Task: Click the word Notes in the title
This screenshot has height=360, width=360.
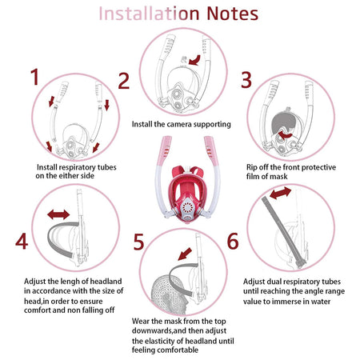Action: [x=232, y=14]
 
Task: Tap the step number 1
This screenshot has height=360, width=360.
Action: [x=35, y=77]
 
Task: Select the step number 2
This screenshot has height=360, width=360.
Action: [x=124, y=81]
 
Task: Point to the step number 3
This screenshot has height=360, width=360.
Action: [x=246, y=79]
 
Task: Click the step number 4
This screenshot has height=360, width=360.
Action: [x=22, y=241]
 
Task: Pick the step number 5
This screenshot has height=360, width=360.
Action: [x=138, y=242]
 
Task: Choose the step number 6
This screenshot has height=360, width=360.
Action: [x=233, y=241]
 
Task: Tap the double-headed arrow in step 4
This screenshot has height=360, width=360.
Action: [x=58, y=214]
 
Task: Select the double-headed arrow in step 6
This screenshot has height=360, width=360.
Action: [x=280, y=193]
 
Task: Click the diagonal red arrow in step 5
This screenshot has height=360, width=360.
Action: [x=185, y=254]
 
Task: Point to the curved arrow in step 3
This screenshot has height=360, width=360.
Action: [x=286, y=134]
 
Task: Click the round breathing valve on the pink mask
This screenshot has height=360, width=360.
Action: [x=187, y=207]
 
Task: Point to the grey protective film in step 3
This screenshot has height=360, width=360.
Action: [x=282, y=123]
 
